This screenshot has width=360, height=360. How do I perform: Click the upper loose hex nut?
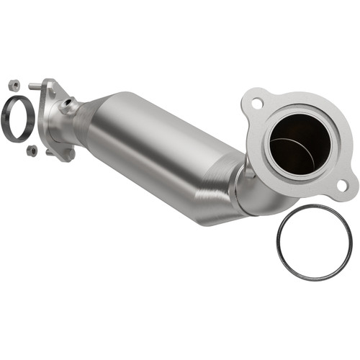click(x=14, y=84)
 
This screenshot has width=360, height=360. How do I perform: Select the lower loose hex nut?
click(x=31, y=150)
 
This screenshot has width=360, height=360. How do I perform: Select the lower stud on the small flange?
click(x=50, y=152)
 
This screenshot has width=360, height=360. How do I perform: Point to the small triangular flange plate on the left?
click(x=56, y=115)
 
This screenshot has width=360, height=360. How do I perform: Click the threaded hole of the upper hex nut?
click(x=14, y=84)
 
